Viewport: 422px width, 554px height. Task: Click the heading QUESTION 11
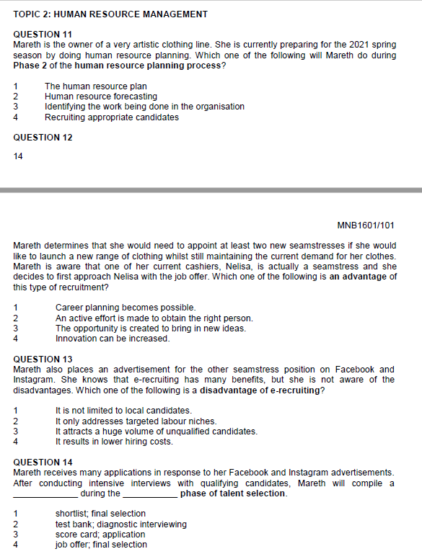[43, 35]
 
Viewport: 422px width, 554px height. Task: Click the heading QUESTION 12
[43, 137]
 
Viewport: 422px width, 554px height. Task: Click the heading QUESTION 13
[43, 359]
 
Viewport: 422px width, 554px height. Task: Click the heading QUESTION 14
[43, 462]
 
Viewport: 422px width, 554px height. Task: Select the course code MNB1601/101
[366, 225]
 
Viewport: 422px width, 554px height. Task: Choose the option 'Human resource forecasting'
[100, 97]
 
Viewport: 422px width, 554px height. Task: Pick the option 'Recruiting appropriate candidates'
[111, 117]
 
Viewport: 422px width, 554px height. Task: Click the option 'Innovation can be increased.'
[113, 338]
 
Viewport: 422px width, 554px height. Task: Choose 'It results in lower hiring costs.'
[113, 442]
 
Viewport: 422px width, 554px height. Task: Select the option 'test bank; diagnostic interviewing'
[120, 524]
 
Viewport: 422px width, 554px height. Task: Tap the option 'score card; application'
[100, 535]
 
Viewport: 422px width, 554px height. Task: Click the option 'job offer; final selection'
[101, 545]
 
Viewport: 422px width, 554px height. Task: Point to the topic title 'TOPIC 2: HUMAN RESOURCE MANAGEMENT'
[110, 14]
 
